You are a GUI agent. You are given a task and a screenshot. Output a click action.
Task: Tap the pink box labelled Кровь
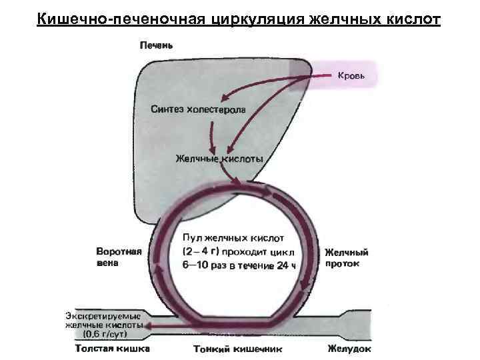point(355,77)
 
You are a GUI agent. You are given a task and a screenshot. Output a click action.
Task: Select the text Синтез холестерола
point(198,109)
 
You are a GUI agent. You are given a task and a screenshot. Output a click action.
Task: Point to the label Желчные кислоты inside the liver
point(219,159)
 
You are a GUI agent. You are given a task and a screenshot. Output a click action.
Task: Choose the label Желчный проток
point(346,258)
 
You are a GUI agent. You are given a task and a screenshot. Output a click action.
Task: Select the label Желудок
point(350,348)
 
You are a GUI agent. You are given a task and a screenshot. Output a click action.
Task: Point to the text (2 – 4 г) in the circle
point(201,251)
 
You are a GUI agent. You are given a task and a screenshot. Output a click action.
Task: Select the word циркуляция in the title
point(257,18)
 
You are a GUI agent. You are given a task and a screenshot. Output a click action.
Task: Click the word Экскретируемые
point(103,315)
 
